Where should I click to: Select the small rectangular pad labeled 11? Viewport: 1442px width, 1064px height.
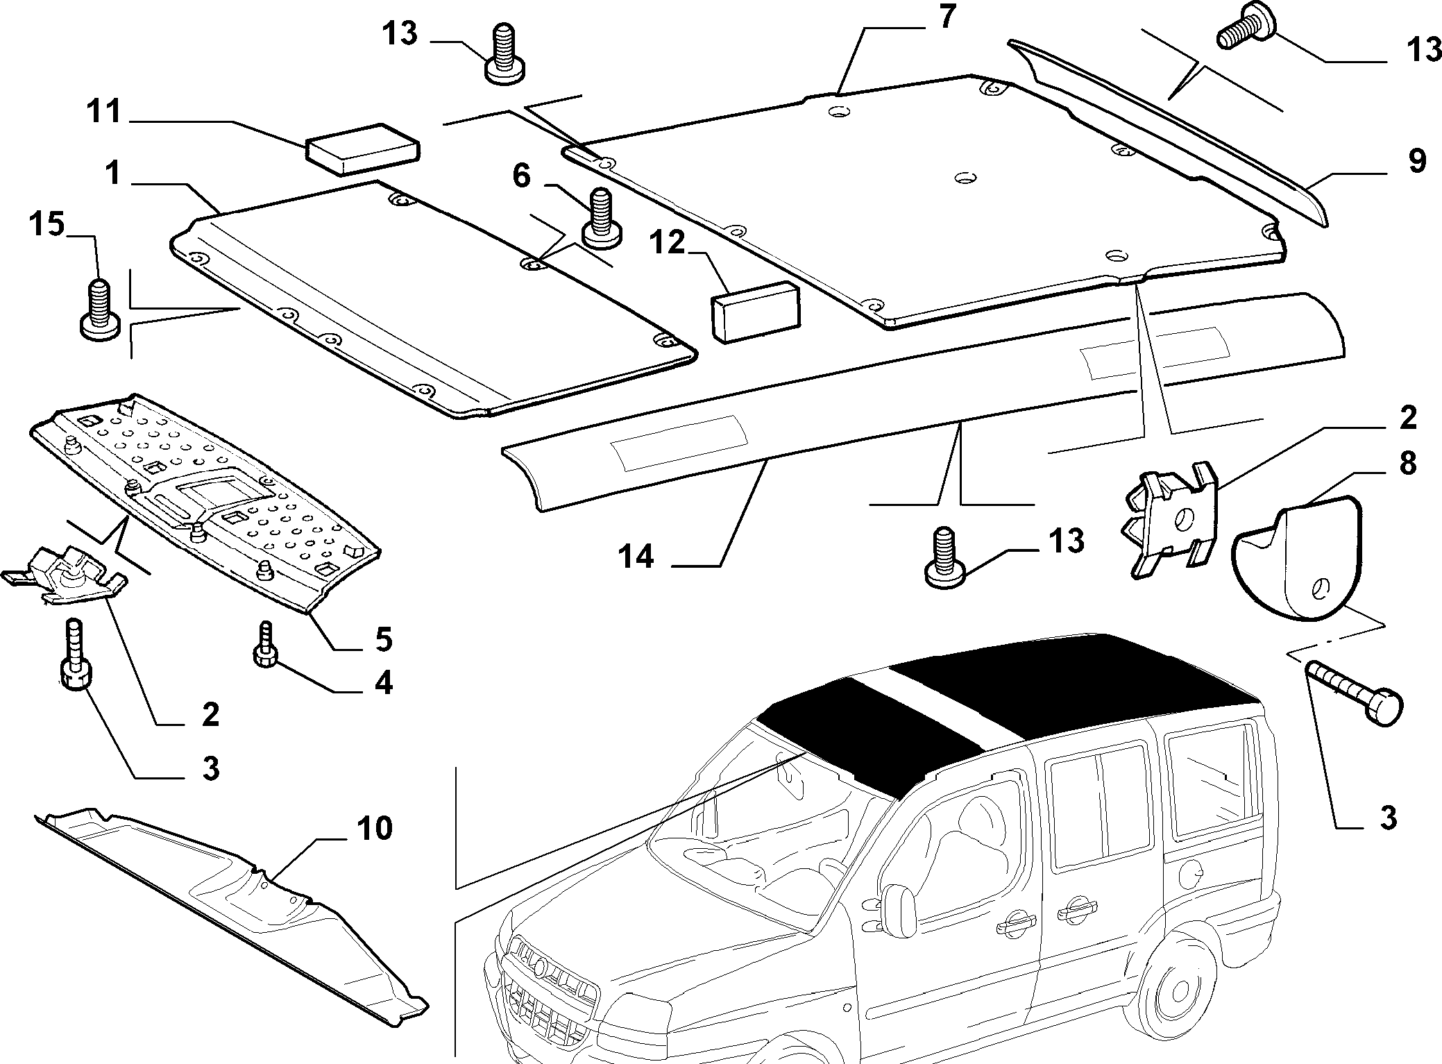click(x=363, y=147)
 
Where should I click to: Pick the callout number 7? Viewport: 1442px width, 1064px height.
click(x=948, y=17)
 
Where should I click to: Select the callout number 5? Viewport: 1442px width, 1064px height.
click(x=383, y=639)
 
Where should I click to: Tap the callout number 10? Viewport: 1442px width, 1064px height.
click(x=375, y=827)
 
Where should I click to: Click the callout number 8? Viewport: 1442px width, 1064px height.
click(x=1407, y=463)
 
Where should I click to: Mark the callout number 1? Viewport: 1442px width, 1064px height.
click(x=112, y=173)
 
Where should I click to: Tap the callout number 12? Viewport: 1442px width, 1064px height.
click(x=668, y=243)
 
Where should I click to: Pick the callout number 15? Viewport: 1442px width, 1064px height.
click(x=46, y=225)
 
